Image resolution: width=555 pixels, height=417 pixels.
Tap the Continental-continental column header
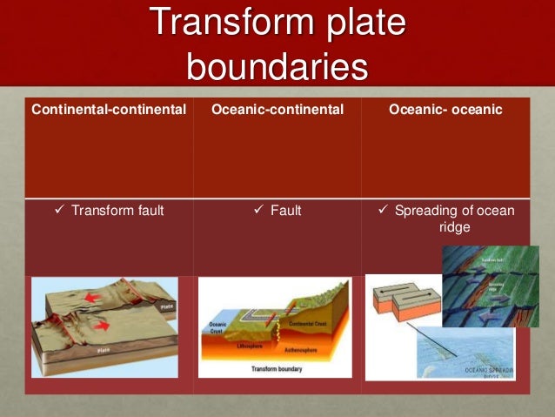110,110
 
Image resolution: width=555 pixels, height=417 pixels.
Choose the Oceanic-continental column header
277,110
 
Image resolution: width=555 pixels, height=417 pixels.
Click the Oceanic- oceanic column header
446,110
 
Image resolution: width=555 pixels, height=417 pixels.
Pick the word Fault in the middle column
285,210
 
